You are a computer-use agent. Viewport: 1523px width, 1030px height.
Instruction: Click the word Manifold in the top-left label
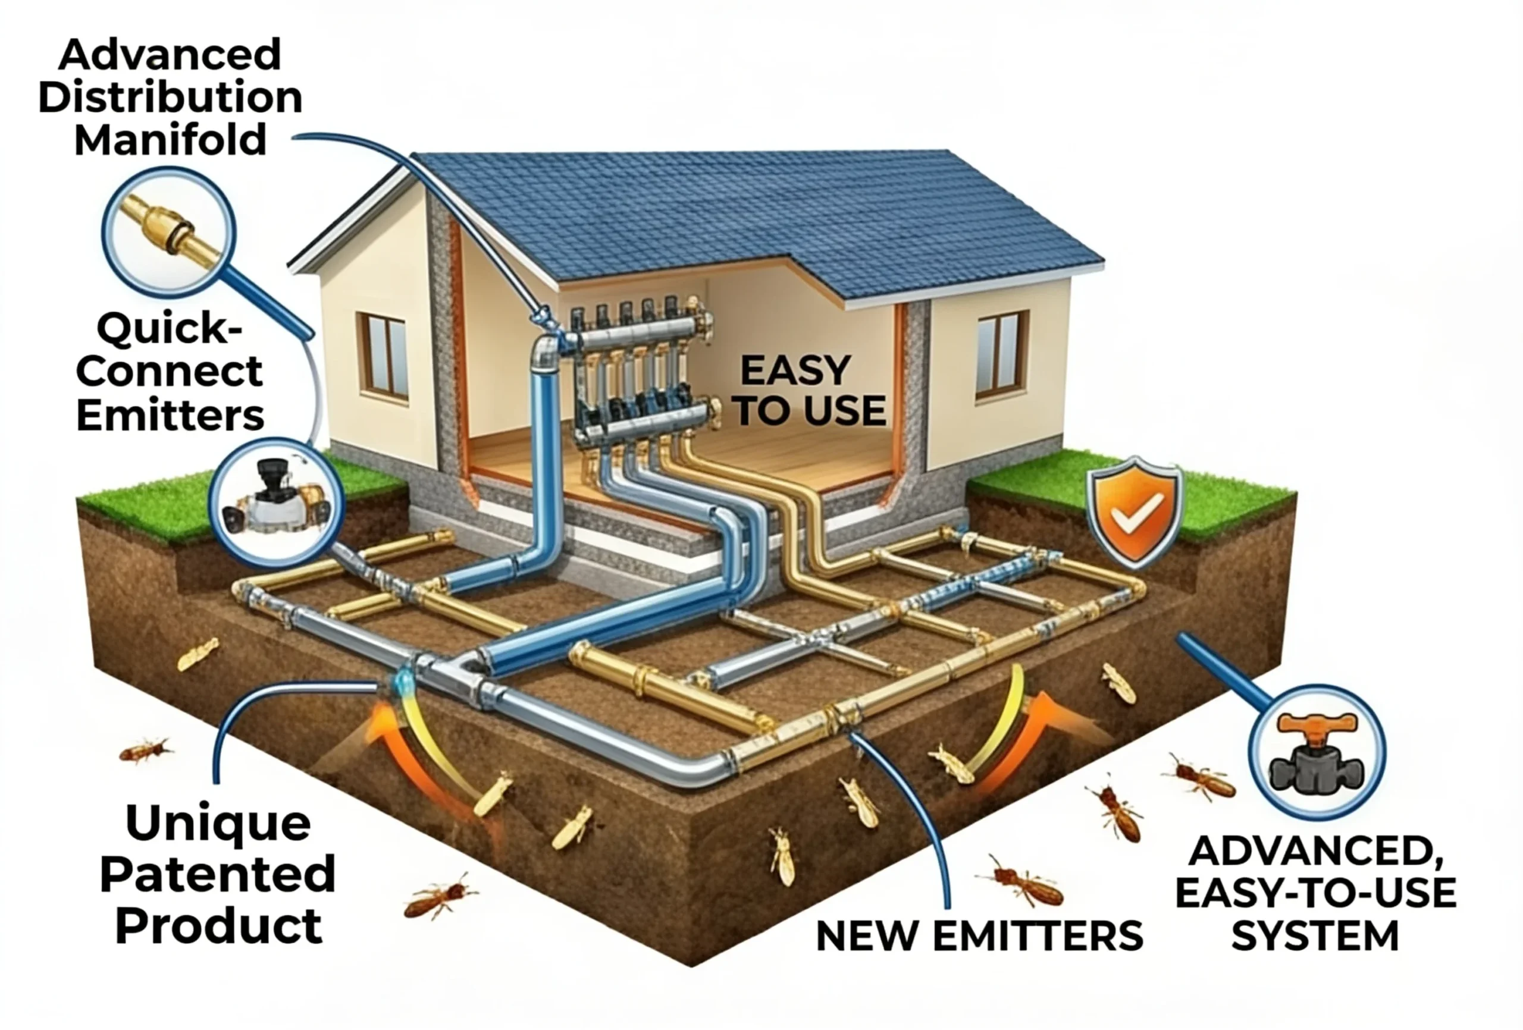(x=170, y=140)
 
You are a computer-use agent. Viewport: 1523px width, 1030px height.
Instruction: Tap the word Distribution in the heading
(x=170, y=97)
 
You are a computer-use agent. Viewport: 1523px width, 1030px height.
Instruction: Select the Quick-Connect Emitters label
(x=170, y=372)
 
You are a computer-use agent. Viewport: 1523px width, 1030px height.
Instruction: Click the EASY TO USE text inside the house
(x=811, y=391)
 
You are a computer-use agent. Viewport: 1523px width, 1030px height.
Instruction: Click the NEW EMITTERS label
(x=980, y=936)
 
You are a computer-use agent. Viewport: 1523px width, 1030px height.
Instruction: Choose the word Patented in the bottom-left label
(x=218, y=875)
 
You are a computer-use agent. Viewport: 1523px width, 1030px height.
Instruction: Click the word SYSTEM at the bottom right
(x=1315, y=936)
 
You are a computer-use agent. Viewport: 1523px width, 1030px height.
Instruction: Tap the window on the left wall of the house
(x=382, y=354)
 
